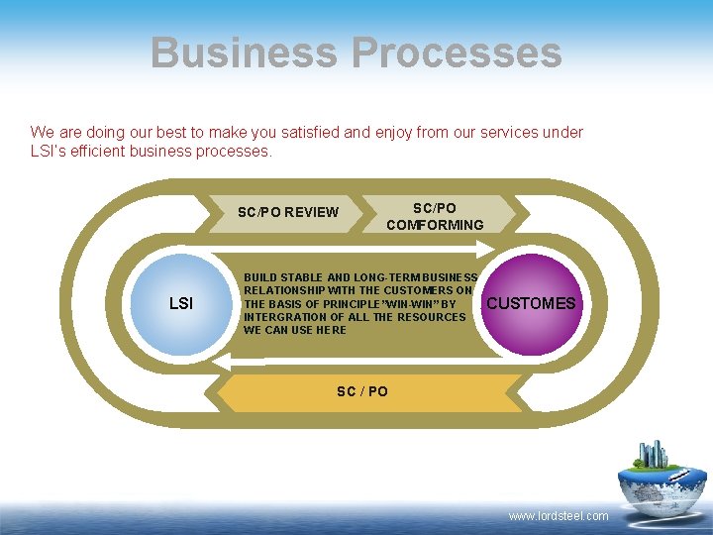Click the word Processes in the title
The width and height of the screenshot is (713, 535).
click(x=460, y=53)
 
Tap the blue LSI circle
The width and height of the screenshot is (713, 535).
click(x=181, y=303)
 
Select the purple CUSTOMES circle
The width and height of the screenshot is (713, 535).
click(x=531, y=303)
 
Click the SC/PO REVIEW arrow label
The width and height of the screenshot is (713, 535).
click(x=288, y=212)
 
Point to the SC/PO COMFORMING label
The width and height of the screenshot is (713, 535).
click(x=435, y=216)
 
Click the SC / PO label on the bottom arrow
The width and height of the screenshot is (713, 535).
click(x=362, y=391)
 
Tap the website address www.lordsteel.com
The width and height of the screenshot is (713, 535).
click(x=559, y=516)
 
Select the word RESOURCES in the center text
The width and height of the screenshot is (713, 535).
click(x=434, y=317)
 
